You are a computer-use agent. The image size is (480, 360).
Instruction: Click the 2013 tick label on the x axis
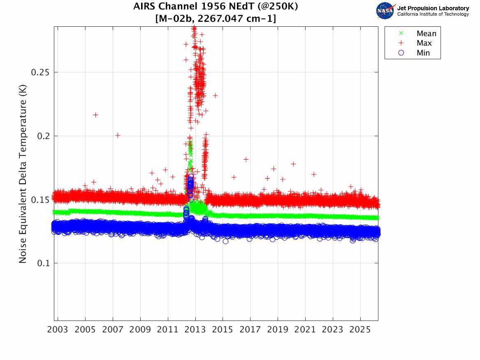pyautogui.click(x=195, y=330)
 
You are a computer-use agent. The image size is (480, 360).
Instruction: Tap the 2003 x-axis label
pyautogui.click(x=58, y=330)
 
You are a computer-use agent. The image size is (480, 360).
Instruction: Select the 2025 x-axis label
pyautogui.click(x=360, y=330)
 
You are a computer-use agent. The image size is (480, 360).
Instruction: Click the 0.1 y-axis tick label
pyautogui.click(x=44, y=263)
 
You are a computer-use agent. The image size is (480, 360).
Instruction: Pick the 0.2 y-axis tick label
pyautogui.click(x=44, y=136)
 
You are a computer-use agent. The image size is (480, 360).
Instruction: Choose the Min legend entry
pyautogui.click(x=414, y=53)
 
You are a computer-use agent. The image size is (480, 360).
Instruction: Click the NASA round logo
pyautogui.click(x=385, y=11)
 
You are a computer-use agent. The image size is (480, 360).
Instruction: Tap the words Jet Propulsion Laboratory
pyautogui.click(x=433, y=8)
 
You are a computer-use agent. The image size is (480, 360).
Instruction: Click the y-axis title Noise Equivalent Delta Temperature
pyautogui.click(x=23, y=174)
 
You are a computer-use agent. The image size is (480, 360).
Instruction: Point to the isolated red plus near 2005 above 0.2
pyautogui.click(x=95, y=115)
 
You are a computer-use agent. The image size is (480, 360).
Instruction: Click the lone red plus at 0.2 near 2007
pyautogui.click(x=118, y=135)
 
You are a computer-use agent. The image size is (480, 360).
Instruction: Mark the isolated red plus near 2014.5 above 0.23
pyautogui.click(x=215, y=95)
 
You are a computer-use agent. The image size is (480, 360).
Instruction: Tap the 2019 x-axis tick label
pyautogui.click(x=278, y=330)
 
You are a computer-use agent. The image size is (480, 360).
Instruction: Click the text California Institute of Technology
pyautogui.click(x=433, y=14)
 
